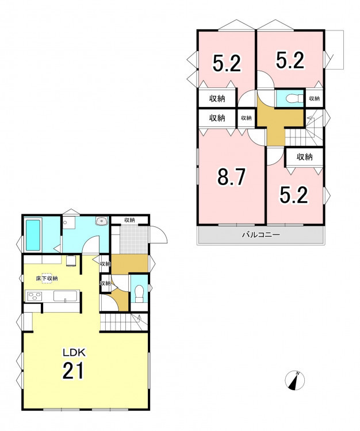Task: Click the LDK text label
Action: pos(75,352)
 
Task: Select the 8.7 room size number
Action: pos(231,178)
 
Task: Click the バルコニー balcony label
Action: pos(261,234)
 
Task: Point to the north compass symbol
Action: pos(294,380)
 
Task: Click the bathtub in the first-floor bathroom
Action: pos(33,235)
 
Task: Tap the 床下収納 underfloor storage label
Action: pos(47,278)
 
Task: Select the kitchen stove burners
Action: pos(35,297)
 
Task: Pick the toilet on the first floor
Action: pos(139,293)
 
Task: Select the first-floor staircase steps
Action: pos(123,322)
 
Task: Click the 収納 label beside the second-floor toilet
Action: pos(315,98)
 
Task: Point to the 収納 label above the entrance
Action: pos(129,220)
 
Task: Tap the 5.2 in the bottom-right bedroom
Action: pos(294,195)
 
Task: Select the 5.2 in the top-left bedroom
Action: pos(227,63)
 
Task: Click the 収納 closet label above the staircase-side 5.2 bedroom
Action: pos(304,157)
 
